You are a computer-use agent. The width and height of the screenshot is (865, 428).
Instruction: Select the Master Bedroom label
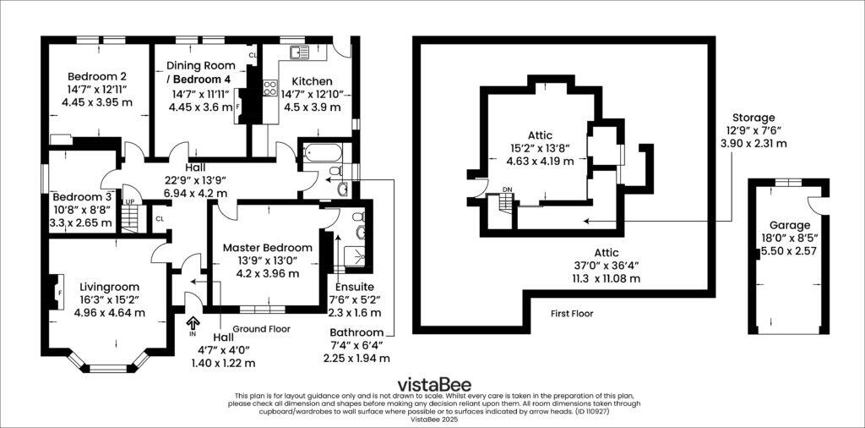[267, 247]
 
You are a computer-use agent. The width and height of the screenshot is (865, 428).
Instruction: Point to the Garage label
[790, 225]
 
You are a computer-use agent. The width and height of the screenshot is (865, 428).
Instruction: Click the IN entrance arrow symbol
[193, 322]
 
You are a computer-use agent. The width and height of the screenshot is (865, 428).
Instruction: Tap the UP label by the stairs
[129, 202]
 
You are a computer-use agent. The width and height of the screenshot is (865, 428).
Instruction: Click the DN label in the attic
[507, 190]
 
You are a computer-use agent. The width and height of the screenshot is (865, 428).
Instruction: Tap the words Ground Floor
[258, 328]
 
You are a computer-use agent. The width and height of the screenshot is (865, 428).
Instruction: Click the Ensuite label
[353, 287]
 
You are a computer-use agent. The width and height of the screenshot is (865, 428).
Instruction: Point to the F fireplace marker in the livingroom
[60, 293]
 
